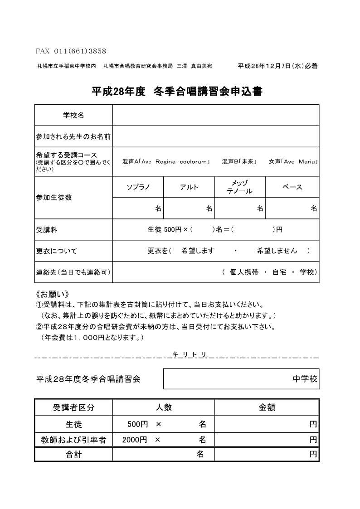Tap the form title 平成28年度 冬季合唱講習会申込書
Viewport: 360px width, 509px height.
pyautogui.click(x=177, y=91)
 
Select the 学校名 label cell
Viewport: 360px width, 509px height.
pyautogui.click(x=73, y=116)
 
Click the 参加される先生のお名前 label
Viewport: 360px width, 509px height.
pyautogui.click(x=73, y=136)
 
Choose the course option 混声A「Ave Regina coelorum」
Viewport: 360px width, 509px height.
pyautogui.click(x=166, y=162)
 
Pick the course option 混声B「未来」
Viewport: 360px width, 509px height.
pyautogui.click(x=240, y=162)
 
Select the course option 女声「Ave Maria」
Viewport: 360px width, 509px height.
pyautogui.click(x=293, y=162)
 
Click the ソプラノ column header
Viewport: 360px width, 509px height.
pyautogui.click(x=138, y=187)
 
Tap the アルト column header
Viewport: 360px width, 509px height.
pyautogui.click(x=189, y=187)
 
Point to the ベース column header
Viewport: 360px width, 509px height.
pyautogui.click(x=292, y=187)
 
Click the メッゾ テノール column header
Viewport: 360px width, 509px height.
pyautogui.click(x=240, y=187)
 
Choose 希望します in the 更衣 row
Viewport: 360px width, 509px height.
pyautogui.click(x=197, y=251)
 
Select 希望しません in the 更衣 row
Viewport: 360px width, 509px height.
pyautogui.click(x=277, y=251)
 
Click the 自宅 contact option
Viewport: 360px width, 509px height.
pyautogui.click(x=279, y=272)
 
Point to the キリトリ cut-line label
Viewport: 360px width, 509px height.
pyautogui.click(x=190, y=354)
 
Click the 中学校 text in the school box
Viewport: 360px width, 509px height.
pyautogui.click(x=305, y=379)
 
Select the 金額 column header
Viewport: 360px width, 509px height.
pyautogui.click(x=267, y=407)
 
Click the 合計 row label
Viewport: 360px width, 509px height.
pyautogui.click(x=73, y=454)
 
